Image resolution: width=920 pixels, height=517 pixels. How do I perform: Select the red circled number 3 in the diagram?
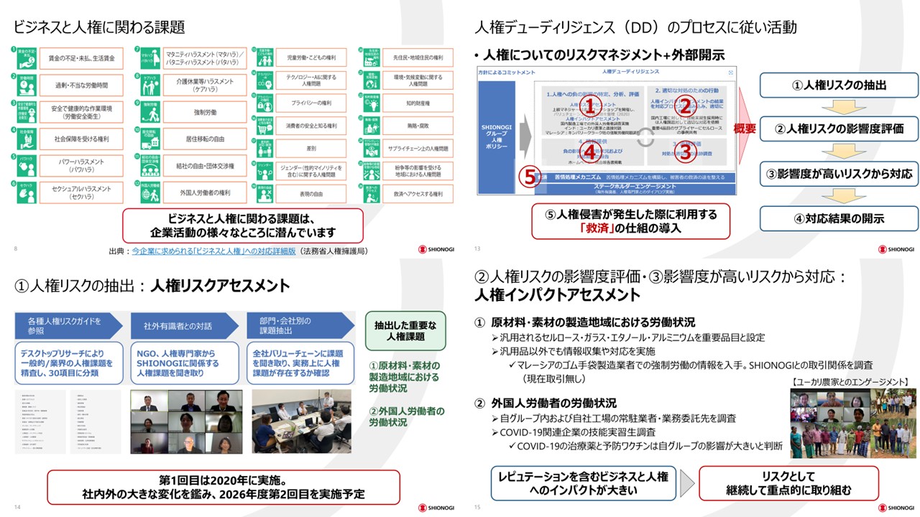685,151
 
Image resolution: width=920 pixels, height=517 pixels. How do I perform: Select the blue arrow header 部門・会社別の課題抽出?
296,326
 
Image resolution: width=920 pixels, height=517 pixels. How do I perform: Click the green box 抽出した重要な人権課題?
405,331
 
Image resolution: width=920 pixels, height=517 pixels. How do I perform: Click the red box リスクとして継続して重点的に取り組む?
788,483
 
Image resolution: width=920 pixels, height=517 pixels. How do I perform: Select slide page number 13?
477,249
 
